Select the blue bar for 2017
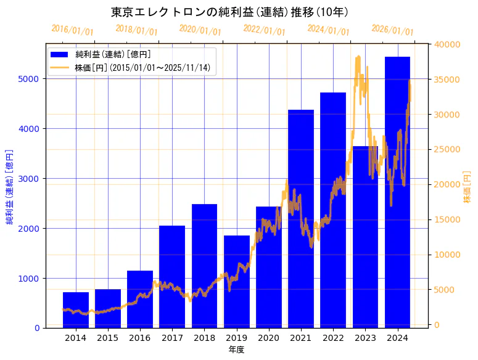172,277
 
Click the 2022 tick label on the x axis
333,338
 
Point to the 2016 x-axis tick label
140,338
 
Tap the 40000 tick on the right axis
446,44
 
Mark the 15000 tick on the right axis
446,219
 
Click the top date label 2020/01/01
200,30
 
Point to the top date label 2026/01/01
392,30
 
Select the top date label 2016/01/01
72,30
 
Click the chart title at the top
229,12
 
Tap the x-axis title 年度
236,350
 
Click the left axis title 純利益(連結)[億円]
10,186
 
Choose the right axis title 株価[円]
467,186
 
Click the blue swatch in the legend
60,54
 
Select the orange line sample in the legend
60,67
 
